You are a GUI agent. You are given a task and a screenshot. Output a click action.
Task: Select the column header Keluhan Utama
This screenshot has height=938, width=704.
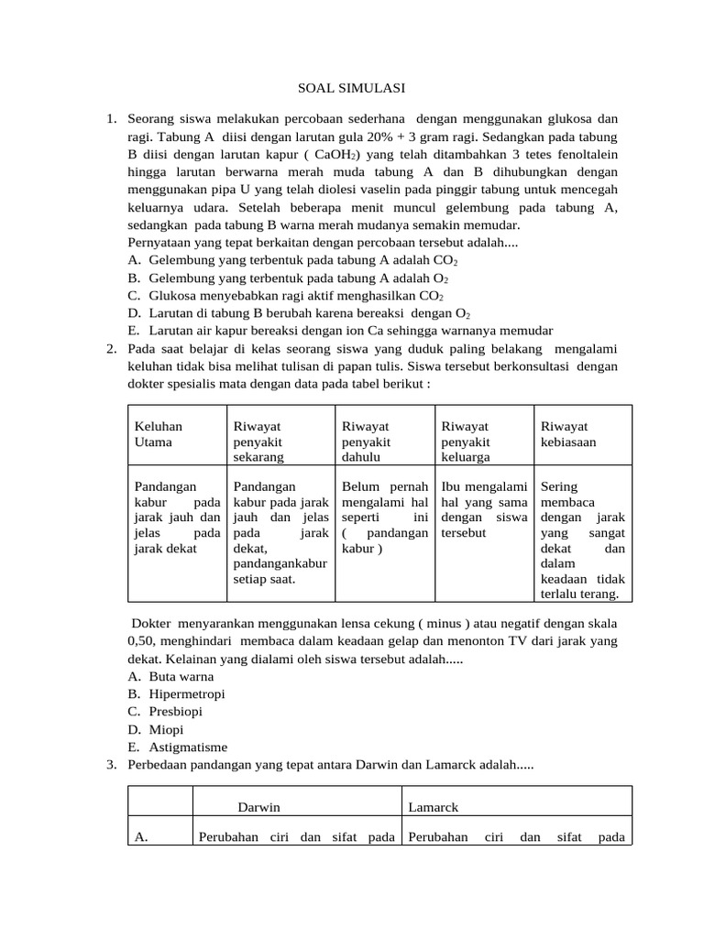point(159,433)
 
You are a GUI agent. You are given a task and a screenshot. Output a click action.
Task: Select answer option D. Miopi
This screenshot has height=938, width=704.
point(166,729)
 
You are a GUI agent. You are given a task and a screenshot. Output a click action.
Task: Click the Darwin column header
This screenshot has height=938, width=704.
point(258,807)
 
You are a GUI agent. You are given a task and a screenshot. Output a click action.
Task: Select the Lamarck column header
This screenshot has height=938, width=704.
point(433,807)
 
